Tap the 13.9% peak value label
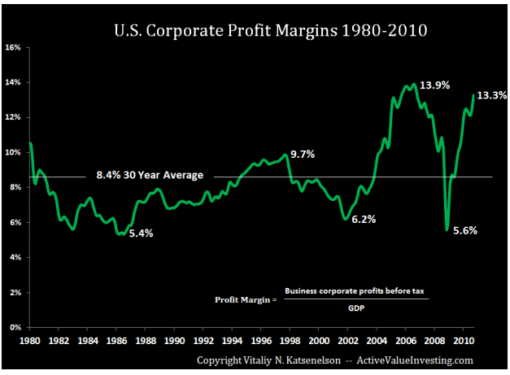click(x=436, y=85)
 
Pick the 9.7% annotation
click(x=303, y=154)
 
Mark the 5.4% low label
click(x=140, y=233)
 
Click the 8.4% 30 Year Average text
click(x=150, y=175)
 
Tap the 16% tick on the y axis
click(x=13, y=47)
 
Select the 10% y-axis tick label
click(x=13, y=152)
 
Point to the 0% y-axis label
click(x=15, y=327)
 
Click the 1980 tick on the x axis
click(x=31, y=339)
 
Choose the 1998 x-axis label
click(x=291, y=339)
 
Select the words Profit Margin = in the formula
click(x=246, y=299)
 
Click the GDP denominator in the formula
click(x=356, y=307)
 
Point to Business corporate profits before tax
click(x=355, y=291)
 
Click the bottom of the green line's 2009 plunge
click(x=447, y=230)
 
